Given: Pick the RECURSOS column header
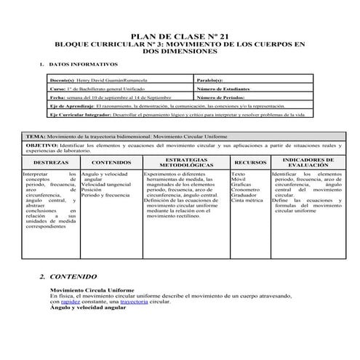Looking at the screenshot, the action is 249,162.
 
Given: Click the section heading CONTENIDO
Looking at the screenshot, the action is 73,277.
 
